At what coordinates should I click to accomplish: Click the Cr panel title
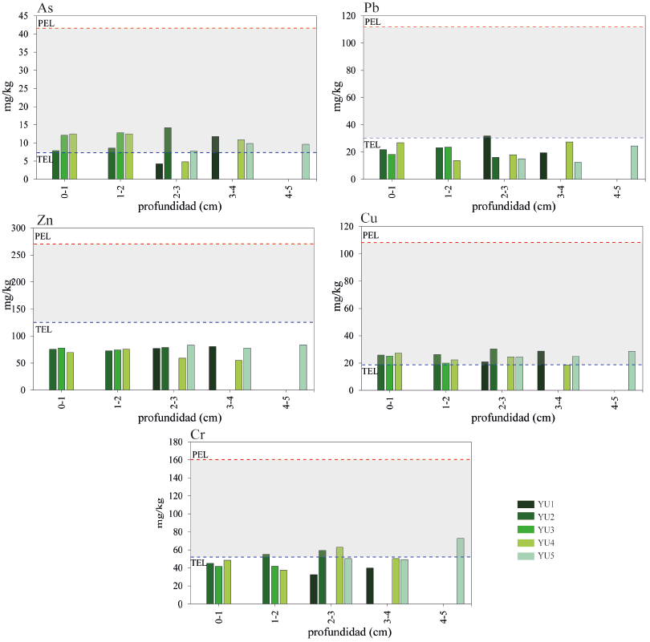click(x=199, y=434)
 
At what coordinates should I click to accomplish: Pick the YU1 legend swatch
click(x=525, y=504)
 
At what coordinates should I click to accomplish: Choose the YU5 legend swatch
click(x=525, y=555)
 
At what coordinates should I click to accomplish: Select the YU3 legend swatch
click(x=525, y=530)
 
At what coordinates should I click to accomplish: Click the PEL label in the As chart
click(x=45, y=23)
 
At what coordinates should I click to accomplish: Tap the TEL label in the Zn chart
click(x=43, y=329)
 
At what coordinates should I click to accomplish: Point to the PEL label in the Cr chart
click(x=201, y=454)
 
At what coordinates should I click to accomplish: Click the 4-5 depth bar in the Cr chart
click(x=461, y=570)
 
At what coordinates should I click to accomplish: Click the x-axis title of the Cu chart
click(x=502, y=418)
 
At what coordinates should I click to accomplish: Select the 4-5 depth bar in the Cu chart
click(x=632, y=370)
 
